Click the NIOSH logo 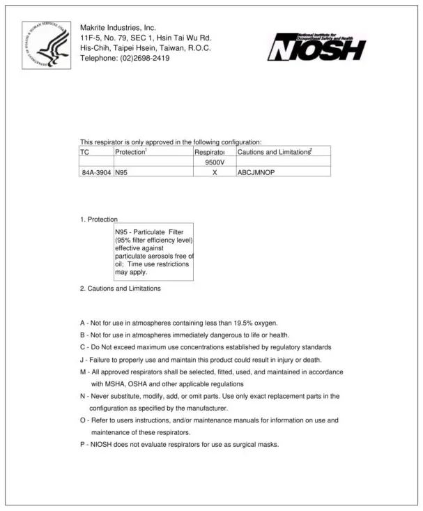pyautogui.click(x=318, y=47)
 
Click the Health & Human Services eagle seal pyautogui.click(x=46, y=45)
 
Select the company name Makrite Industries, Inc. pyautogui.click(x=118, y=28)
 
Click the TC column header pyautogui.click(x=85, y=151)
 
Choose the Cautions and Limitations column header pyautogui.click(x=275, y=151)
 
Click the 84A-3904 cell pyautogui.click(x=96, y=171)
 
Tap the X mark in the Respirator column pyautogui.click(x=215, y=171)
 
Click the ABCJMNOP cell pyautogui.click(x=256, y=171)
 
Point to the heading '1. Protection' pyautogui.click(x=98, y=220)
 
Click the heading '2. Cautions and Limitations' pyautogui.click(x=120, y=288)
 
